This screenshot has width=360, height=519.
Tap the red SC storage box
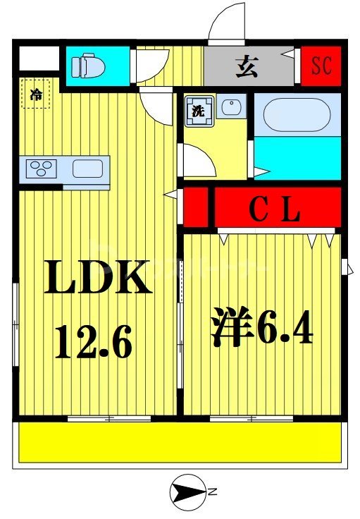[x=321, y=66]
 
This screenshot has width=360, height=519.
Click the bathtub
[x=296, y=116]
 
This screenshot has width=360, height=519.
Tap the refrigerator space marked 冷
[x=36, y=94]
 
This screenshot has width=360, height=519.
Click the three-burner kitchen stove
[x=41, y=169]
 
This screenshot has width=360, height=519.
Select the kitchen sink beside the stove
[x=88, y=169]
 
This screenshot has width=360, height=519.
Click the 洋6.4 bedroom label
[x=261, y=329]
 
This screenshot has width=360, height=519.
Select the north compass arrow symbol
[x=187, y=491]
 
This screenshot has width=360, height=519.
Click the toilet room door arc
[x=148, y=67]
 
